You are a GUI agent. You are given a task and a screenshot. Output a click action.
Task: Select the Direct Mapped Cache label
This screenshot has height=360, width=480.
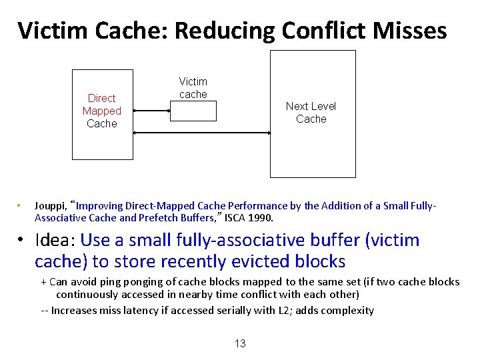102,111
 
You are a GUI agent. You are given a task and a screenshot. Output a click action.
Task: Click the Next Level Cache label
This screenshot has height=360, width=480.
311,113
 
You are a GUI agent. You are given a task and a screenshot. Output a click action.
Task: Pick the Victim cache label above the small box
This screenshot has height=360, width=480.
193,88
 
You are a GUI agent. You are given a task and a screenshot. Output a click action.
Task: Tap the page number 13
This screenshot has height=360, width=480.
240,344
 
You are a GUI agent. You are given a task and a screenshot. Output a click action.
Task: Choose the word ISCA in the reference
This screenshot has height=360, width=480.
234,218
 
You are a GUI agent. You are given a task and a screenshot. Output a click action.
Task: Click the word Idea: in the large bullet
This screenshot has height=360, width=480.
55,240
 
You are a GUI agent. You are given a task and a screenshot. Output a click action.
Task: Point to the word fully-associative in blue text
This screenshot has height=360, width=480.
207,240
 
